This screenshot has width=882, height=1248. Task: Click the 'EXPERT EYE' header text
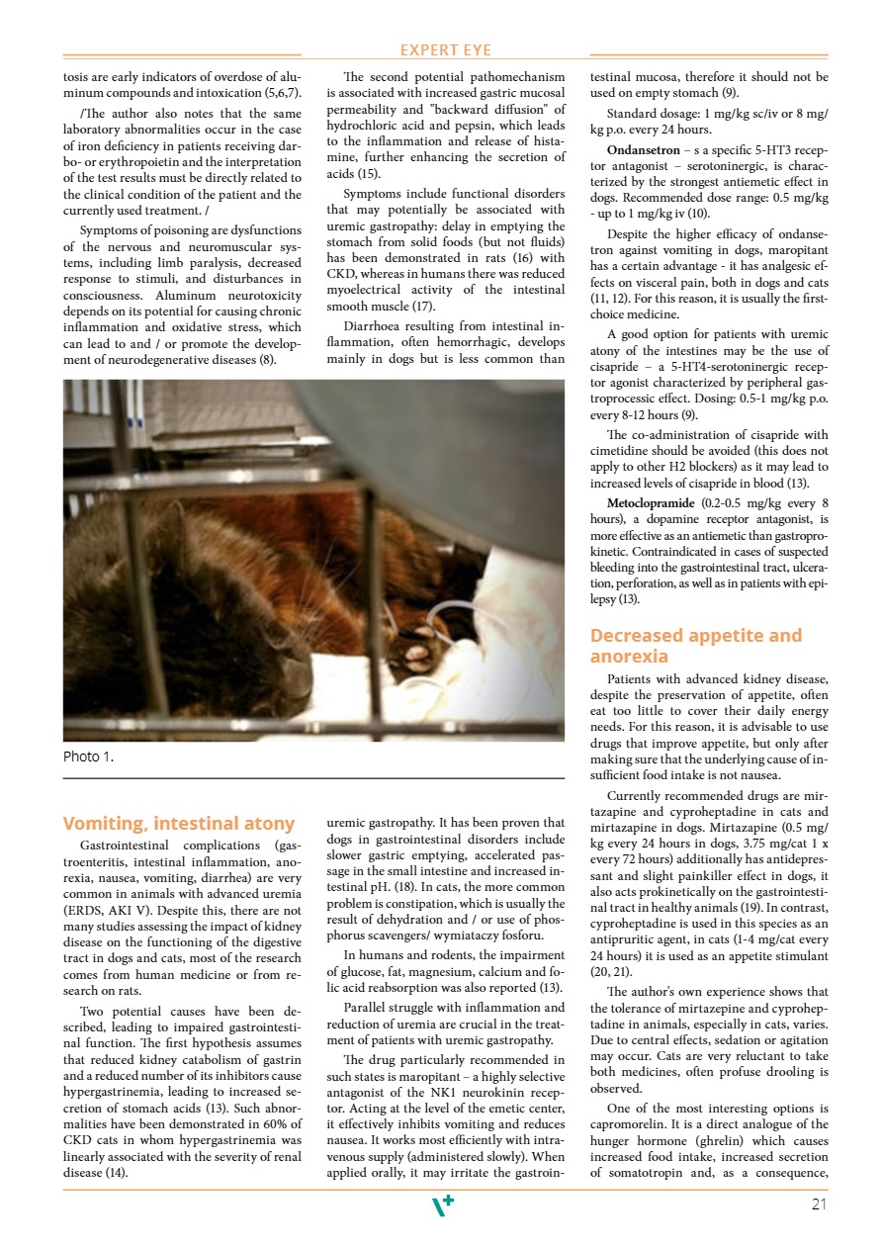(445, 50)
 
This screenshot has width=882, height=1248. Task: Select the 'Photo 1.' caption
(88, 758)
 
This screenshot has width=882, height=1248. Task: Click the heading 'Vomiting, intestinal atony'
(179, 824)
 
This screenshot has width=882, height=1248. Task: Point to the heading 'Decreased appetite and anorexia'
(696, 646)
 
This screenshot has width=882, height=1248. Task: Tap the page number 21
(818, 1204)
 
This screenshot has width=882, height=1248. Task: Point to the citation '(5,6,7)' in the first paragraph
(280, 93)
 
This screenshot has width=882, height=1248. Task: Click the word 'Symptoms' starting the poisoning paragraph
(112, 231)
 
